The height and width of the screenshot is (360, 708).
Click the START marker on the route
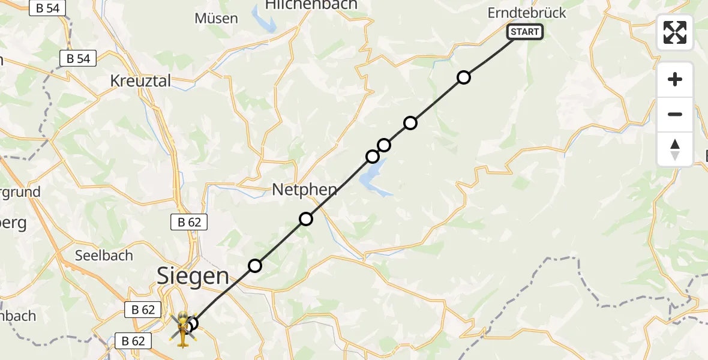pyautogui.click(x=526, y=32)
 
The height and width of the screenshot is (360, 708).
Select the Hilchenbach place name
pyautogui.click(x=311, y=5)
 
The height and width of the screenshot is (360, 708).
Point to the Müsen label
pyautogui.click(x=216, y=19)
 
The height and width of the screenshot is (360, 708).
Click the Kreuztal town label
pyautogui.click(x=140, y=80)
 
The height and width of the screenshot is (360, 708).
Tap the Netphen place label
pyautogui.click(x=304, y=190)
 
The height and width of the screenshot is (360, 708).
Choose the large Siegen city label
pyautogui.click(x=193, y=276)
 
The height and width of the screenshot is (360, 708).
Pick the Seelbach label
pyautogui.click(x=104, y=255)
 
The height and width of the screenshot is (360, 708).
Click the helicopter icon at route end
pyautogui.click(x=182, y=329)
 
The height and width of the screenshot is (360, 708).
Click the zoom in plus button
pyautogui.click(x=675, y=79)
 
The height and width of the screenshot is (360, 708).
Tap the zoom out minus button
pyautogui.click(x=675, y=114)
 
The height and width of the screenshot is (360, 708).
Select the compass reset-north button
pyautogui.click(x=675, y=149)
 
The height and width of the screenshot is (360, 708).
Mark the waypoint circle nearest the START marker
pyautogui.click(x=463, y=77)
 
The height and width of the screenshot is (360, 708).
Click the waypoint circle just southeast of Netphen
pyautogui.click(x=306, y=219)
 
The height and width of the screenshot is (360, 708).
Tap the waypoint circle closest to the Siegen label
pyautogui.click(x=255, y=265)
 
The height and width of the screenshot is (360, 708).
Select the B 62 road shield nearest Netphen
pyautogui.click(x=189, y=222)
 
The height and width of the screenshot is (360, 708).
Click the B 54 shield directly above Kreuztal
pyautogui.click(x=78, y=59)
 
